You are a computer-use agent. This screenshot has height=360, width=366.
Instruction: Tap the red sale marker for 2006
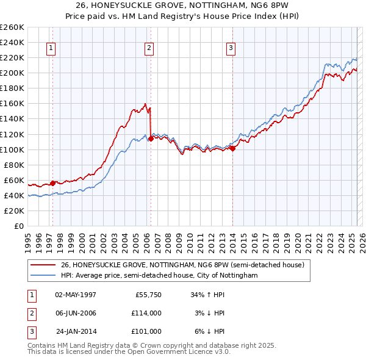pyautogui.click(x=151, y=139)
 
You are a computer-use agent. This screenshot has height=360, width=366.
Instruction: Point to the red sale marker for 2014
pyautogui.click(x=232, y=148)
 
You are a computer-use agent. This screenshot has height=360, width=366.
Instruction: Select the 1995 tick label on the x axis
pyautogui.click(x=29, y=238)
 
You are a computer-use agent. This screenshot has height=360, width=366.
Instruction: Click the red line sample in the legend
pyautogui.click(x=43, y=265)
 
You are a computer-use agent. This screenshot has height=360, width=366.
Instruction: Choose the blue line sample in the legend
pyautogui.click(x=43, y=276)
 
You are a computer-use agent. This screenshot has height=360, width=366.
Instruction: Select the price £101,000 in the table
pyautogui.click(x=146, y=331)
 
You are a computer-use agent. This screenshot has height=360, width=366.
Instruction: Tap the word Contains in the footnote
pyautogui.click(x=42, y=345)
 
